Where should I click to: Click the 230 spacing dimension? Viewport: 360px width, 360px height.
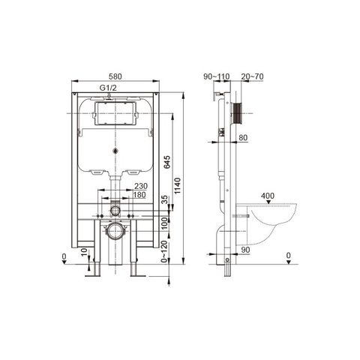coord(140,187)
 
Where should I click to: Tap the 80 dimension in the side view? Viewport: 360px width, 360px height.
coord(242,138)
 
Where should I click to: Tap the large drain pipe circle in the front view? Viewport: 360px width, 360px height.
coord(113,229)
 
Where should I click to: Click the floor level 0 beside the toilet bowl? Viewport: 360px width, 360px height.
coord(289,256)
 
